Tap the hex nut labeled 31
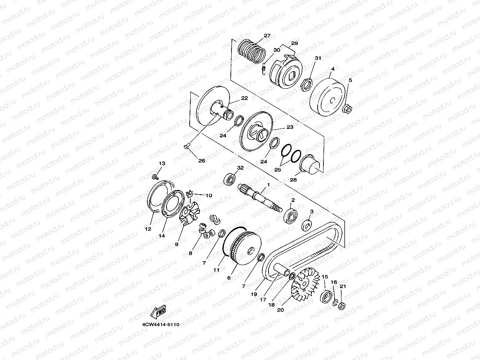(x=307, y=84)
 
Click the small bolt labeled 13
(x=155, y=177)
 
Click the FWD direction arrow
(x=158, y=312)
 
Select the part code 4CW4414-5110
(x=161, y=324)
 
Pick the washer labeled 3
(x=307, y=225)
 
